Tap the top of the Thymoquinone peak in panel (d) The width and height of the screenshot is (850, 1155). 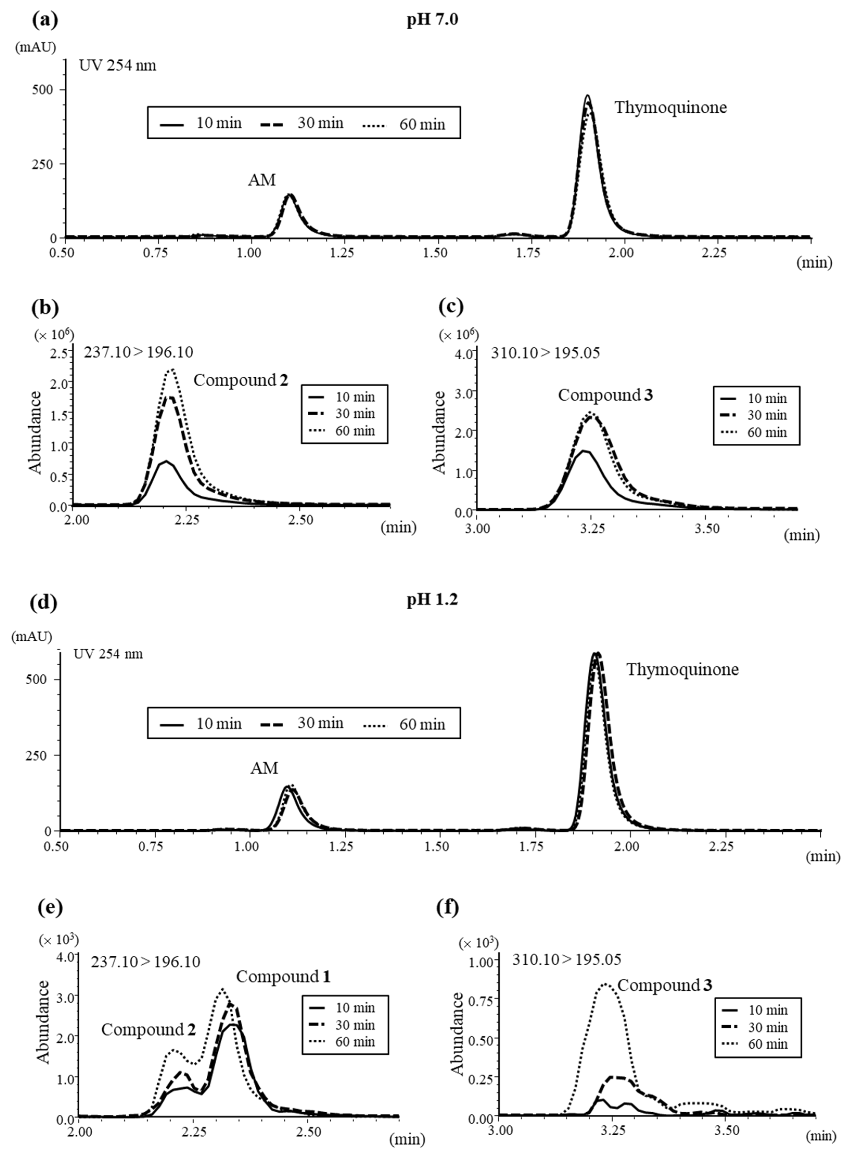(596, 653)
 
